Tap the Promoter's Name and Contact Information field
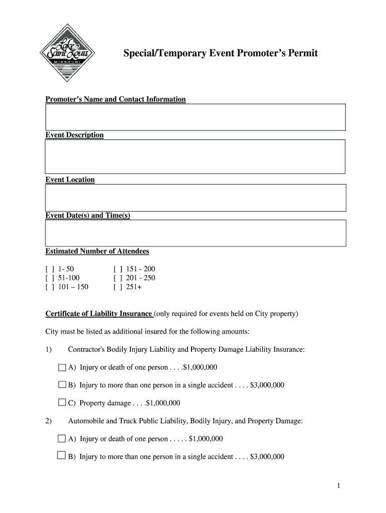pyautogui.click(x=195, y=117)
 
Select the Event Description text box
pyautogui.click(x=195, y=156)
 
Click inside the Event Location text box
pyautogui.click(x=195, y=197)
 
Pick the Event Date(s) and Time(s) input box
pyautogui.click(x=195, y=233)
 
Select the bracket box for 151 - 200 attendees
pyautogui.click(x=118, y=269)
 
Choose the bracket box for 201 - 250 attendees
pyautogui.click(x=118, y=278)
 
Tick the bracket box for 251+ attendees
pyautogui.click(x=118, y=287)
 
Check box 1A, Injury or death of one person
pyautogui.click(x=62, y=367)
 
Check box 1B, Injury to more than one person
pyautogui.click(x=62, y=385)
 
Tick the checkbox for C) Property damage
pyautogui.click(x=62, y=402)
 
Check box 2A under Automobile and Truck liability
pyautogui.click(x=62, y=439)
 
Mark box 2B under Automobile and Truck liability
pyautogui.click(x=62, y=456)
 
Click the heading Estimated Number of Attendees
pyautogui.click(x=97, y=251)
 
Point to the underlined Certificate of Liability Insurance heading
pyautogui.click(x=99, y=314)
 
